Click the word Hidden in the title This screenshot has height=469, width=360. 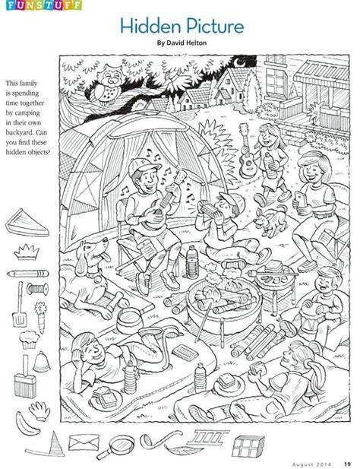click(149, 26)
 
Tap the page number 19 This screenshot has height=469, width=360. click(347, 464)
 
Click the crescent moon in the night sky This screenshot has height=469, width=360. click(238, 62)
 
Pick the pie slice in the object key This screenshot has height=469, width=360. click(27, 223)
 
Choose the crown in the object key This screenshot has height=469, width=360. click(27, 252)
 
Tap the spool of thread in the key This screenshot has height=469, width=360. click(37, 289)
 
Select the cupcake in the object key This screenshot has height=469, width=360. click(29, 340)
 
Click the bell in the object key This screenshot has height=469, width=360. click(42, 362)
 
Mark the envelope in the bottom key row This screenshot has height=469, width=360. click(84, 442)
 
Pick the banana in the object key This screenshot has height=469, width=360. click(27, 424)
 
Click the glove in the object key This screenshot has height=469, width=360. click(39, 410)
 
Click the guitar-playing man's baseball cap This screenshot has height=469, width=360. click(143, 166)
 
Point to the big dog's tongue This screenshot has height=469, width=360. click(105, 257)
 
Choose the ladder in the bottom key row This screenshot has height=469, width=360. click(208, 437)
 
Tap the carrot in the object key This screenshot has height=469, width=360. click(40, 317)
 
